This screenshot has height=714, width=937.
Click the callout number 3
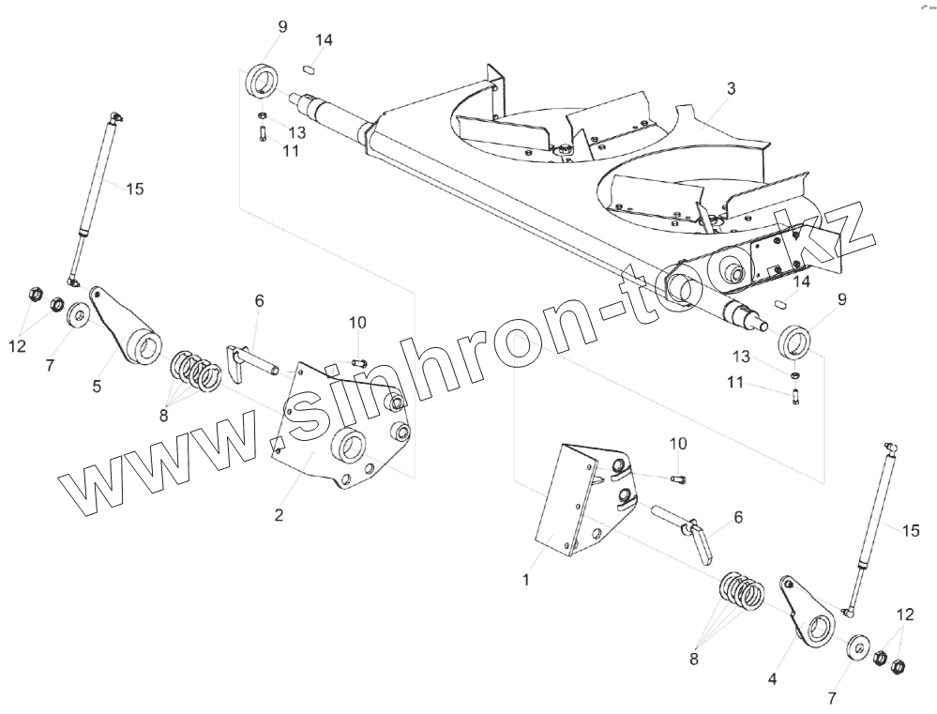(731, 89)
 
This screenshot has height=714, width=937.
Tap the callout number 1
(526, 580)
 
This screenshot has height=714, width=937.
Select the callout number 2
(279, 514)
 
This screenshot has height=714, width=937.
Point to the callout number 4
(772, 677)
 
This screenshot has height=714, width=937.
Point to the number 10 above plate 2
(357, 323)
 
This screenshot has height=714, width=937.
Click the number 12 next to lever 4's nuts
(904, 615)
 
